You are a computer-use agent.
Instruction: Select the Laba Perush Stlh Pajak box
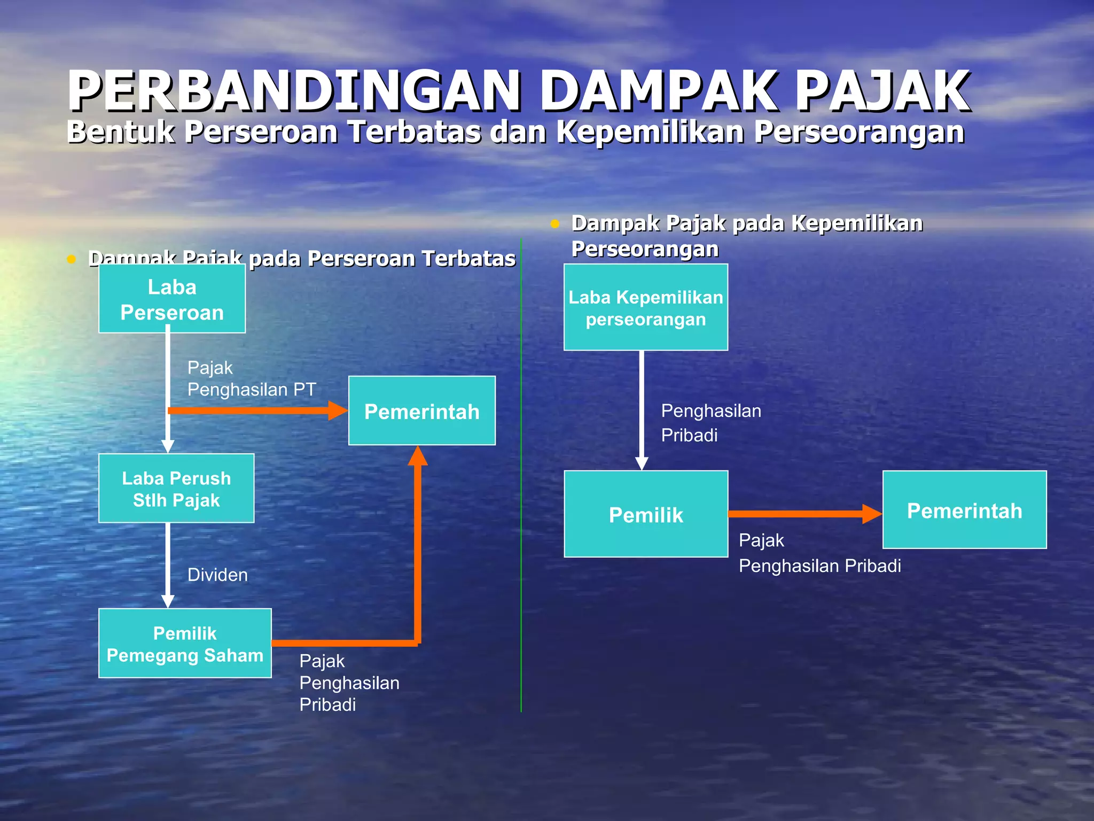176,489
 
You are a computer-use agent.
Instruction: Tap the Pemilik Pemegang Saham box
185,644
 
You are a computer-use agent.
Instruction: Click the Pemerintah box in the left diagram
422,411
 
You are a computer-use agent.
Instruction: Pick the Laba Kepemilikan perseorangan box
646,308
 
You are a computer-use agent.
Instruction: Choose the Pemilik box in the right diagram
646,514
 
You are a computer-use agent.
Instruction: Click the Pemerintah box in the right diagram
964,510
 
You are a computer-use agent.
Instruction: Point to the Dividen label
217,575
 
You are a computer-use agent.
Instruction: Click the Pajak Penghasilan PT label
252,378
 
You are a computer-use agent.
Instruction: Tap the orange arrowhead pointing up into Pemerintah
418,456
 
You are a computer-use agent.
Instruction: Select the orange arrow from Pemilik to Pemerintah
801,514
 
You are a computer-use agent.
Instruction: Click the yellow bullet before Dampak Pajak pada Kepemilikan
555,224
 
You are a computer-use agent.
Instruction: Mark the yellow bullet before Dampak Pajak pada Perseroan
72,260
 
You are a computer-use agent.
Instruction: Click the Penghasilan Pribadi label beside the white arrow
711,423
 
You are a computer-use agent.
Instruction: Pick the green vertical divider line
521,481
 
